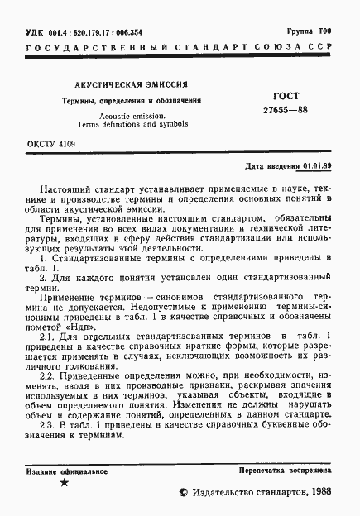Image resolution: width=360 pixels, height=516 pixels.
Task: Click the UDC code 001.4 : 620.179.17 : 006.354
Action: tap(90, 31)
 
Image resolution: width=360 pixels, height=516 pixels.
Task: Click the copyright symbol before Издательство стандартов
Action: tap(184, 492)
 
